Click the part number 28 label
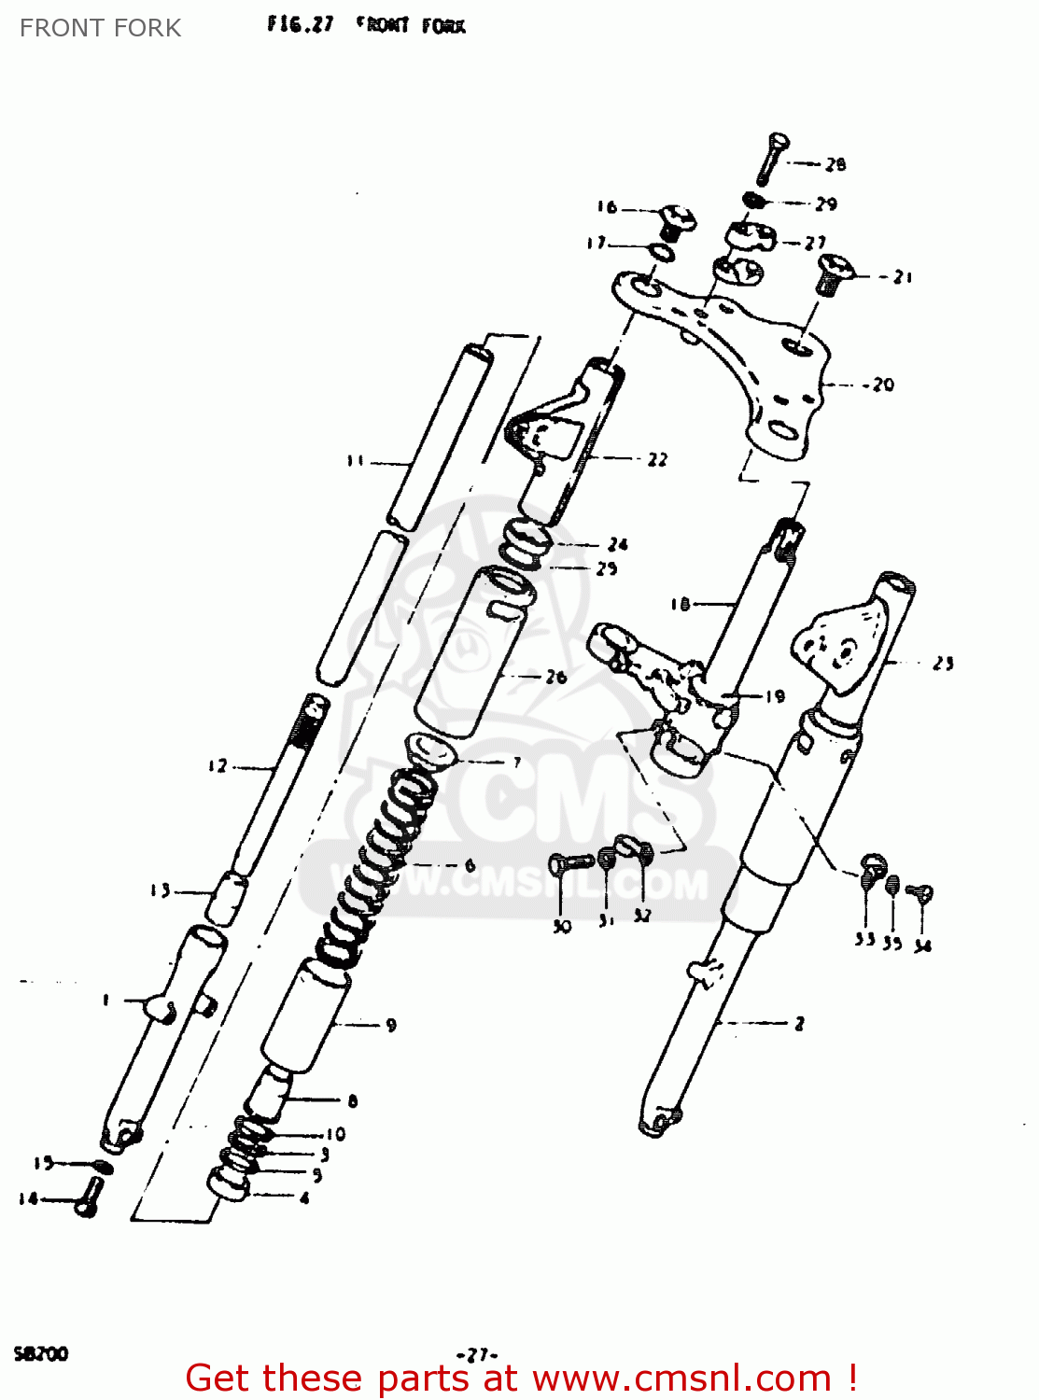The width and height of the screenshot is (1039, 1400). pos(835,164)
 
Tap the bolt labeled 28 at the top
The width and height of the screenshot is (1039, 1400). pos(772,159)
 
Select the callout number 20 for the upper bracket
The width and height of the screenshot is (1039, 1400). pos(882,385)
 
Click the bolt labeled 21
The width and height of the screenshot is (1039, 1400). pos(832,272)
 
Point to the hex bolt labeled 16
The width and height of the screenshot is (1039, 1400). pos(677,220)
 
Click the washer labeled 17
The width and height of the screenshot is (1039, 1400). pos(663,252)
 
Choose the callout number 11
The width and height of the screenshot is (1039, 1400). pos(356,460)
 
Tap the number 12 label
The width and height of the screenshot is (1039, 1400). pos(218,766)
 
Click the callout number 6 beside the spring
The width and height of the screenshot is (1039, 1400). pos(470,865)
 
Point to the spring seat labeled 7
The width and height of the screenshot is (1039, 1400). pos(429,749)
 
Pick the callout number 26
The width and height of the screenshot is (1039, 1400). pos(556,677)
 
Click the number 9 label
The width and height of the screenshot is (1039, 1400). pos(391,1025)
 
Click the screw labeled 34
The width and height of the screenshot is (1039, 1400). pos(921,894)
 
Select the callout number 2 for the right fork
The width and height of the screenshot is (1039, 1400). pos(799,1023)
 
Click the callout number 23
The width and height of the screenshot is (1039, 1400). pos(944,663)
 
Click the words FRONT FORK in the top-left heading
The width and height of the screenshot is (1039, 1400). pos(101,28)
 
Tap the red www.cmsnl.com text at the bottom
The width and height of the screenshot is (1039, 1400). pos(681,1378)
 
